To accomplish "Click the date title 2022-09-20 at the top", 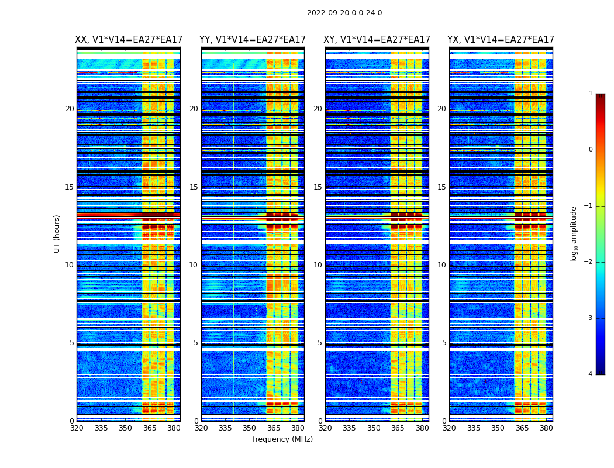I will [344, 13].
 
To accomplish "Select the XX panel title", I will [129, 40].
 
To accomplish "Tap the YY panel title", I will [253, 40].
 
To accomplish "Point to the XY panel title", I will [377, 40].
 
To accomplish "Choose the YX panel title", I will [501, 40].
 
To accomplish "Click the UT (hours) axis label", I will [57, 233].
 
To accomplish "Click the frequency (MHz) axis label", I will [282, 439].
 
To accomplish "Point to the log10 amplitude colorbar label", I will [574, 233].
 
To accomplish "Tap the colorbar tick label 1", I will [591, 94].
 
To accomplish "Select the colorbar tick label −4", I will [589, 374].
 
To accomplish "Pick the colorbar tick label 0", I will [591, 150].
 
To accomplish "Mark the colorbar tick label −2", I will [589, 262].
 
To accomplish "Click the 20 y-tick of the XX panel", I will [70, 109].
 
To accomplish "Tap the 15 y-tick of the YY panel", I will [194, 187].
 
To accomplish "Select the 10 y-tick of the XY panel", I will [318, 265].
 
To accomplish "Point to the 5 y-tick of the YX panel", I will [444, 343].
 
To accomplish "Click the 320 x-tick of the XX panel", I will [77, 428].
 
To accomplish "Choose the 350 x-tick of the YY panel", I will [250, 428].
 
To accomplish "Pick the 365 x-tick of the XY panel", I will [398, 428].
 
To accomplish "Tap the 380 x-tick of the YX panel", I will [546, 428].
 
